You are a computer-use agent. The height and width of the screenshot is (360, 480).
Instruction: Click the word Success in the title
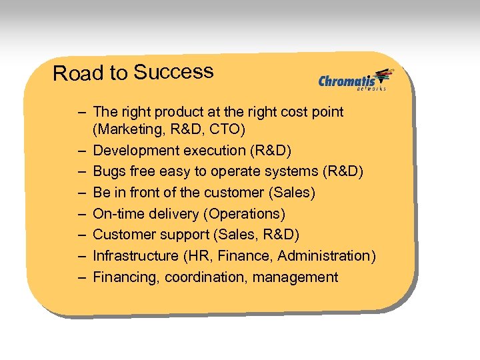click(173, 71)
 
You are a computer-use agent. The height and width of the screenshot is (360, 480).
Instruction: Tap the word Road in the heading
click(71, 73)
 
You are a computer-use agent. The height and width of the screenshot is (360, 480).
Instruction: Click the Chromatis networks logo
click(355, 80)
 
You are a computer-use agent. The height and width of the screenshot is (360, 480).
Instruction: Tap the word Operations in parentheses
click(248, 214)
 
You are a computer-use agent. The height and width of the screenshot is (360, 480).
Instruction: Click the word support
click(180, 235)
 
